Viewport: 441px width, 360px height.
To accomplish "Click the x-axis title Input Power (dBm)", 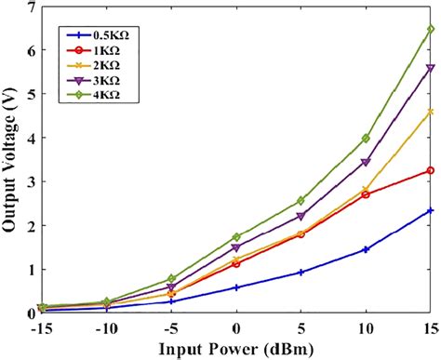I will [236, 349].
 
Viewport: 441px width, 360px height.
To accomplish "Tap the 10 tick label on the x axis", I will [366, 328].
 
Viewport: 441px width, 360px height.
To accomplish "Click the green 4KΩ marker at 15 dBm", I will [431, 30].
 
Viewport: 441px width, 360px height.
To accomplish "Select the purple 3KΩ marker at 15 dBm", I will [431, 69].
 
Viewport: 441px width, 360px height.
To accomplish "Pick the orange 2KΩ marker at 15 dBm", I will [431, 112].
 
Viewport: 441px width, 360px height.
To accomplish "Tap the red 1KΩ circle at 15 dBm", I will [431, 171].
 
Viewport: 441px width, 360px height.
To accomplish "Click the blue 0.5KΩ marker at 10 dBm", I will [366, 249].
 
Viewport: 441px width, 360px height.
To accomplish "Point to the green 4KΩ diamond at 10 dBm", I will [366, 139].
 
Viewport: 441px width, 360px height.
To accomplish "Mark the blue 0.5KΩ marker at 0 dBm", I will [236, 287].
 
